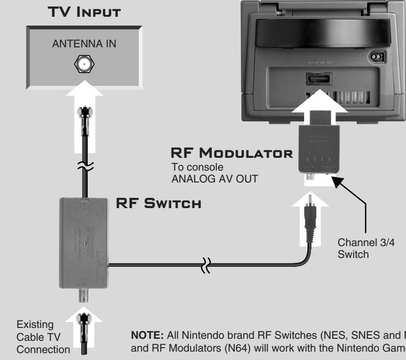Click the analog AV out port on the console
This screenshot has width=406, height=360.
click(x=314, y=78)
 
